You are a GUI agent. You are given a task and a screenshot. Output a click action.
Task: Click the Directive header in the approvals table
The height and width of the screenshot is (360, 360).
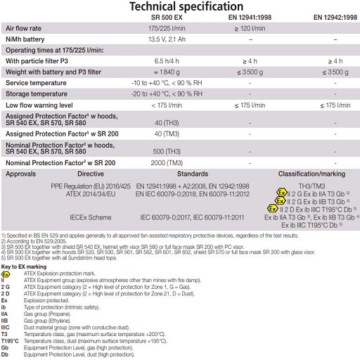pyautogui.click(x=90, y=172)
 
